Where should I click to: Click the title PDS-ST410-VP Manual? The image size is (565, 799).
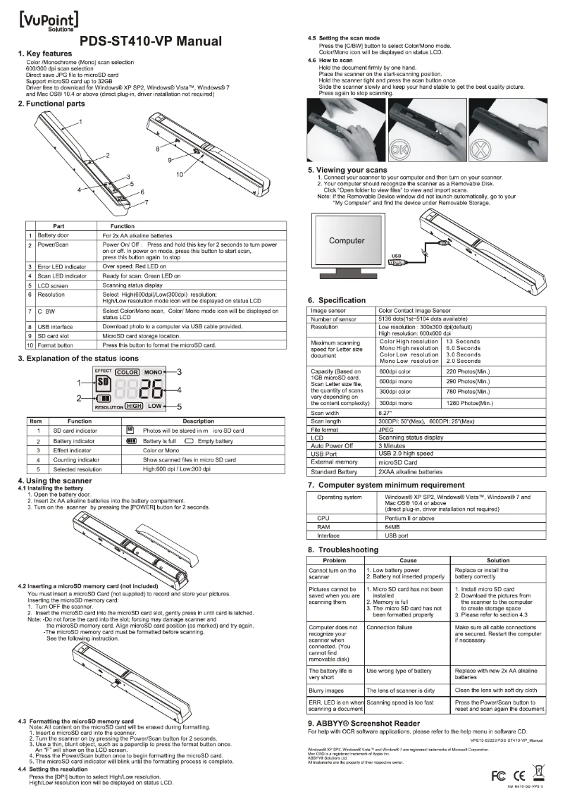click(151, 42)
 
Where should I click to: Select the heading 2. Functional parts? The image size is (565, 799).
click(51, 104)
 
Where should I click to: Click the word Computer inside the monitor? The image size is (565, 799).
click(347, 241)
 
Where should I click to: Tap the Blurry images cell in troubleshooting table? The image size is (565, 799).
click(328, 690)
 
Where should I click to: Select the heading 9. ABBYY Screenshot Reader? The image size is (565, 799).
click(373, 723)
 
